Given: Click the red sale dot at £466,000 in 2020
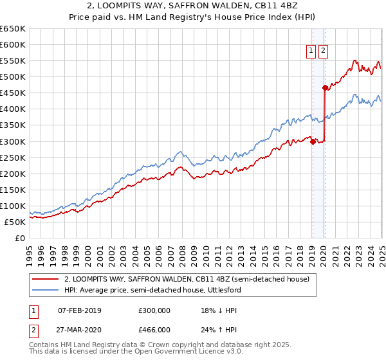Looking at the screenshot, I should coord(325,87).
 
